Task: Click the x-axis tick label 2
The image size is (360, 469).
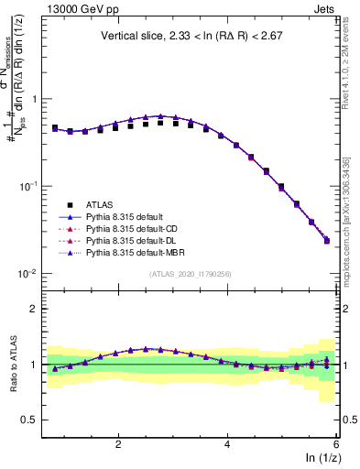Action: pyautogui.click(x=118, y=443)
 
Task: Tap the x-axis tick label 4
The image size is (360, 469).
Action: pyautogui.click(x=227, y=443)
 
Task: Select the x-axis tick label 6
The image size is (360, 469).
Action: pyautogui.click(x=336, y=443)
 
